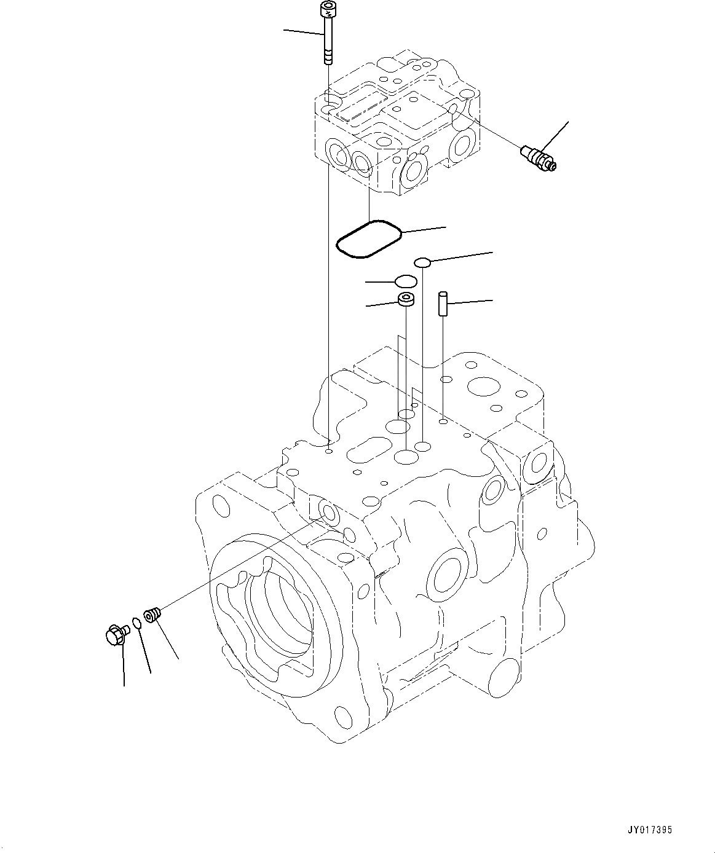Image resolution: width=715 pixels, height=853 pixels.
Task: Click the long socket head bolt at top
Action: click(x=328, y=33)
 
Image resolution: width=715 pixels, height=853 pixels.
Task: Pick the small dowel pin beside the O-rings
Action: click(x=443, y=303)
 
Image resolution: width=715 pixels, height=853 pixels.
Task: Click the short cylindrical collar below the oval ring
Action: click(x=406, y=299)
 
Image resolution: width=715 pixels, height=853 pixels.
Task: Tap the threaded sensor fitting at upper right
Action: click(x=539, y=158)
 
